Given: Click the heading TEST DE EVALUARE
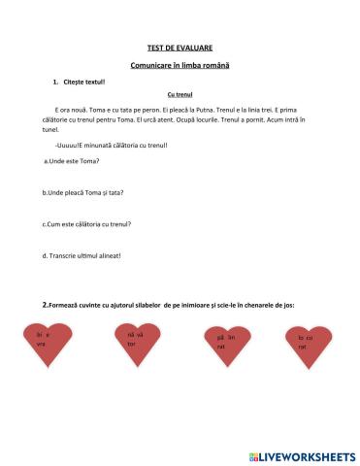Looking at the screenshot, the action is [x=180, y=47].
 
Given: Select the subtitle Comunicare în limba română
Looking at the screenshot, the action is [x=180, y=64].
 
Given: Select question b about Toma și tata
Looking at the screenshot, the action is [x=83, y=191].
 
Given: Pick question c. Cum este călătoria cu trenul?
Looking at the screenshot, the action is [x=87, y=223].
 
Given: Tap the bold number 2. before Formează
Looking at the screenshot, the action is [x=46, y=304].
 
